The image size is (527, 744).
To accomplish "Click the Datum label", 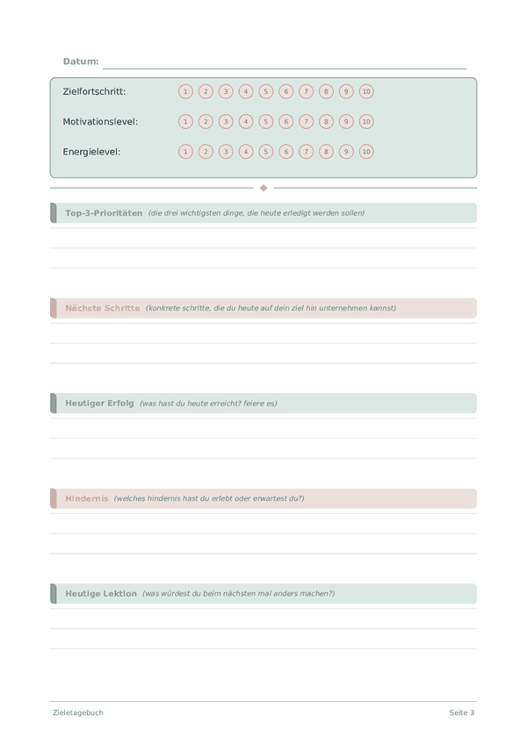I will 81,61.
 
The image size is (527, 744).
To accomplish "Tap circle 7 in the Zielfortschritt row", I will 306,91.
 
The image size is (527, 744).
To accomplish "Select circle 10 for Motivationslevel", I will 366,121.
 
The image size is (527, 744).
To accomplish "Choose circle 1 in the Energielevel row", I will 185,152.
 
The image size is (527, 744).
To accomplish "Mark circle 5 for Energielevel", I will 266,152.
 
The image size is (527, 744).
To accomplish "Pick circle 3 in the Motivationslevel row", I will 226,121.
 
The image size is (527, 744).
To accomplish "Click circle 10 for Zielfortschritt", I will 366,91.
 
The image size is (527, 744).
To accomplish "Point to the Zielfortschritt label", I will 94,91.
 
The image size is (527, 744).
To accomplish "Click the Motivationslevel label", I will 100,121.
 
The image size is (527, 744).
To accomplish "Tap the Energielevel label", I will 91,152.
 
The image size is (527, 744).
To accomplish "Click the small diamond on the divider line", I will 263,188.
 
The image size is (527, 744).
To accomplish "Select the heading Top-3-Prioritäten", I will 104,213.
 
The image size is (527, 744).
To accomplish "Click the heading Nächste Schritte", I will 102,308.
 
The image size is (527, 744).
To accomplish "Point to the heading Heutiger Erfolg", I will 99,404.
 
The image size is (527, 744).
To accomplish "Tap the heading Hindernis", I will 86,498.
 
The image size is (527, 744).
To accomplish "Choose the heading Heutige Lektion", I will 101,594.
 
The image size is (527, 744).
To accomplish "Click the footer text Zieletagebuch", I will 77,712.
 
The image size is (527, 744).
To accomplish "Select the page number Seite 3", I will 462,712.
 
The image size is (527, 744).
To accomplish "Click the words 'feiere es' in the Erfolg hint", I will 260,404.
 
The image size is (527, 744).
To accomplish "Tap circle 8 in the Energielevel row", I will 326,152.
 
